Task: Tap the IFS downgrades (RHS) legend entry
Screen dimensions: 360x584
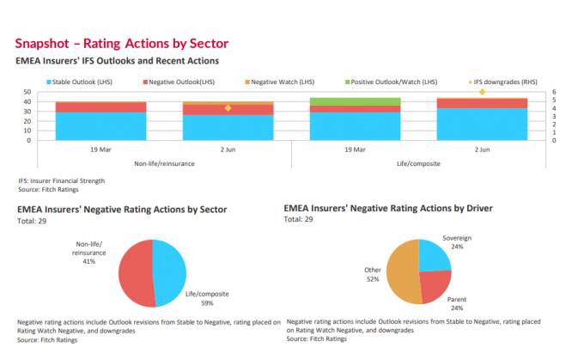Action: pyautogui.click(x=510, y=82)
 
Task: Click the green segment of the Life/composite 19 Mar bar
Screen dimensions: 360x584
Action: pyautogui.click(x=355, y=101)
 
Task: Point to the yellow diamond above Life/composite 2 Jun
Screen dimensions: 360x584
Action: pyautogui.click(x=482, y=92)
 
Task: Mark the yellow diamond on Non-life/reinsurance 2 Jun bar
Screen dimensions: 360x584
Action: pyautogui.click(x=228, y=108)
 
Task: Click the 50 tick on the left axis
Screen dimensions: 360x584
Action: pyautogui.click(x=27, y=92)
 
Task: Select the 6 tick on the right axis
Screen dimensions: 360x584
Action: pyautogui.click(x=555, y=92)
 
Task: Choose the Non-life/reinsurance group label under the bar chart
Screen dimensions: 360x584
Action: pyautogui.click(x=164, y=163)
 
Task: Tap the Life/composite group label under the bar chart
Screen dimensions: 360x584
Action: pyautogui.click(x=418, y=163)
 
